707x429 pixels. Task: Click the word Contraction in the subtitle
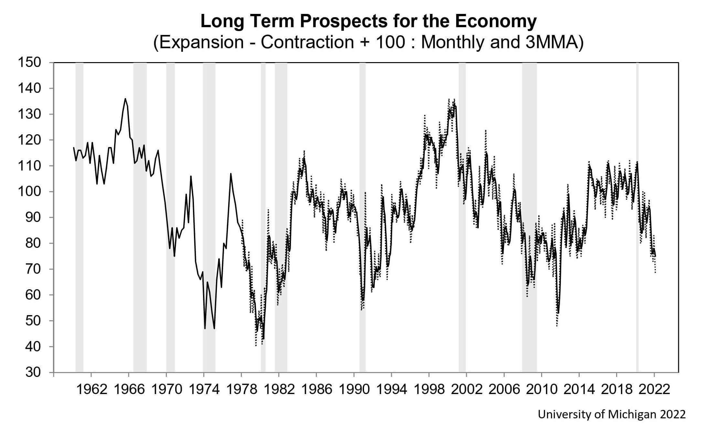tap(307, 42)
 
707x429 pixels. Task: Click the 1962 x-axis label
tap(91, 390)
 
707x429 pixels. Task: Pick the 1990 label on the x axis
tap(354, 390)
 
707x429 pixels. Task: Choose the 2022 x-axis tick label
tap(654, 390)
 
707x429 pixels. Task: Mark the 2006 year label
tap(504, 390)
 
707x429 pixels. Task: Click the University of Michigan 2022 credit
tap(611, 414)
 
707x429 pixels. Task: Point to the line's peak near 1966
tap(125, 99)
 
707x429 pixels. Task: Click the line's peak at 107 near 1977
tap(230, 174)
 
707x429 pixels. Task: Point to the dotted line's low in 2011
tap(557, 325)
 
